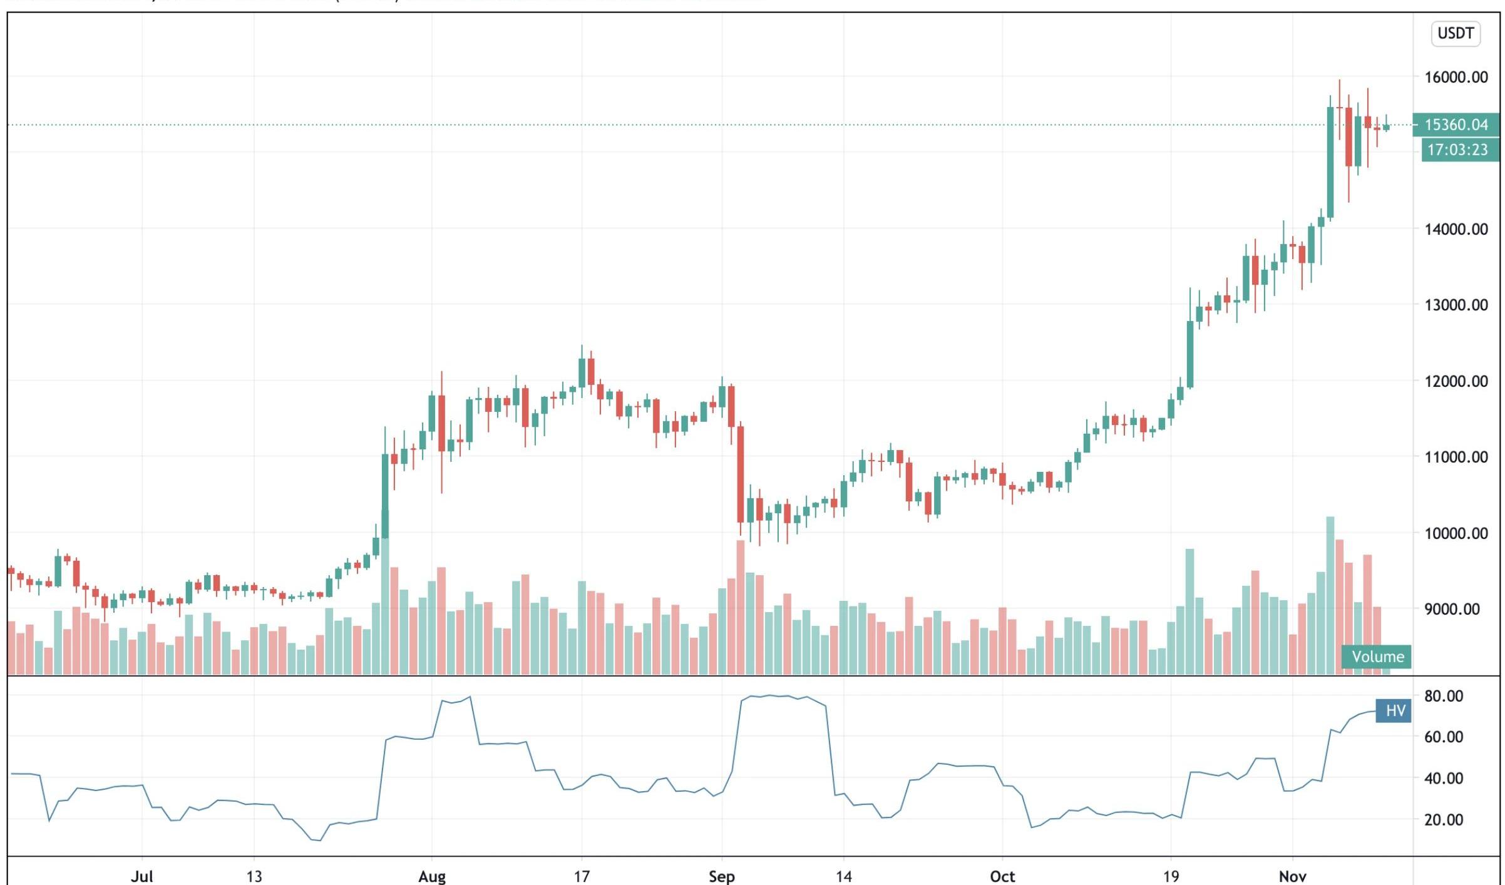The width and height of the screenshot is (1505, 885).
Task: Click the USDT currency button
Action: point(1456,33)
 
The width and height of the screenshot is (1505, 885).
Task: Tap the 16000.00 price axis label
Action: point(1456,77)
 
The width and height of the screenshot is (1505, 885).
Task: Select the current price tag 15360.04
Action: point(1456,125)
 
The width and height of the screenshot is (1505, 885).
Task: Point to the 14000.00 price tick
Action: point(1456,229)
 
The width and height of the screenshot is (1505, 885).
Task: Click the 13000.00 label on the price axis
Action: point(1456,305)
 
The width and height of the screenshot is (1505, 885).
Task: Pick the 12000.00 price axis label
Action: point(1456,381)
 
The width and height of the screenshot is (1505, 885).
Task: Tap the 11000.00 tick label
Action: point(1456,457)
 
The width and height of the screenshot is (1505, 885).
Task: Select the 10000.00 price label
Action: point(1456,533)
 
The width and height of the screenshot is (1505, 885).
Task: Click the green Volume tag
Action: point(1377,657)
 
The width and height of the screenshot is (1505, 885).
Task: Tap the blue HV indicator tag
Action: point(1394,711)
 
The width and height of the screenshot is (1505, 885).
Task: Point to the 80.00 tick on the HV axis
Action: point(1443,696)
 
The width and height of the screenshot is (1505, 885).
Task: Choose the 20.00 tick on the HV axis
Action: point(1443,819)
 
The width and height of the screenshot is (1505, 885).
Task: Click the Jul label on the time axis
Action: point(141,876)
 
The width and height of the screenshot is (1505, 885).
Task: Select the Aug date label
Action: point(432,876)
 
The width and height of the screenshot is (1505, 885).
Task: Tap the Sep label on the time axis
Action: point(721,876)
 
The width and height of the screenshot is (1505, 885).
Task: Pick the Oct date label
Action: point(1002,876)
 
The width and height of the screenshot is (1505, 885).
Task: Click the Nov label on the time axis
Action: point(1292,876)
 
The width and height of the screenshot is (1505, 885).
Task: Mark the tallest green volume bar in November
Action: point(1330,595)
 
